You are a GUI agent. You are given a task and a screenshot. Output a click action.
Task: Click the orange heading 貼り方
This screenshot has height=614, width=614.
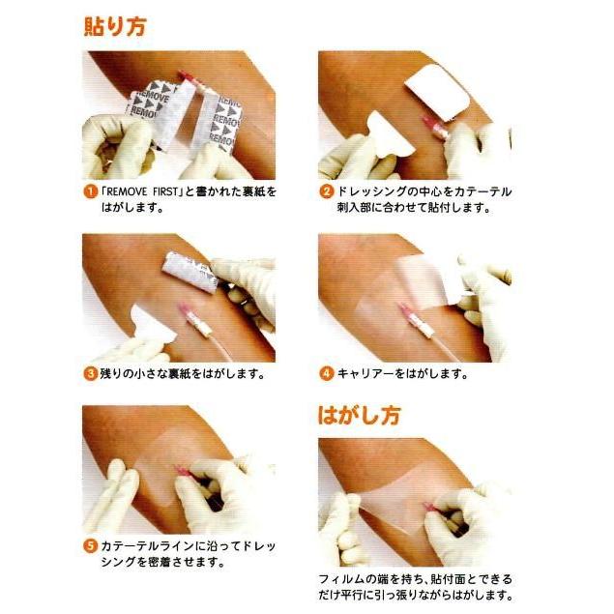point(115,27)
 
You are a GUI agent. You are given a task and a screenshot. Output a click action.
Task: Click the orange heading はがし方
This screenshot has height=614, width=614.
point(359,416)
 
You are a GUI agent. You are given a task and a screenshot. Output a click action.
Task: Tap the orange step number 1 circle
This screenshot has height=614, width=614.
point(90,191)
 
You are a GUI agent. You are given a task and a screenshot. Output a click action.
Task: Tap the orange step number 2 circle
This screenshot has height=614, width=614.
point(326,191)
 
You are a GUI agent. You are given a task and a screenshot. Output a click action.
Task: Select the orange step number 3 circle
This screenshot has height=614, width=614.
point(90,373)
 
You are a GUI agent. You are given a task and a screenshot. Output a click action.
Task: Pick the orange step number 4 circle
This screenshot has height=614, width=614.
point(326,373)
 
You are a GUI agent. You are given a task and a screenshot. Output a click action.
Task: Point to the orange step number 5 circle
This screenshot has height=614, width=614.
point(90,545)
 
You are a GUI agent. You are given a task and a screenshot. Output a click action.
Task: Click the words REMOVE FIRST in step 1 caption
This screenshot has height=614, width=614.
point(142,191)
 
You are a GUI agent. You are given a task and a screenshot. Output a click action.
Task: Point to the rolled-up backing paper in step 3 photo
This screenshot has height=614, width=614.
point(190,273)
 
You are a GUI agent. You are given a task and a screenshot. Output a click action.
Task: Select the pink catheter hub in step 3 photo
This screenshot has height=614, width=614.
point(185,312)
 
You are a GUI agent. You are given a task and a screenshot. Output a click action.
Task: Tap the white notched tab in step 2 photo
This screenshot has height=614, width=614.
point(390,133)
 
